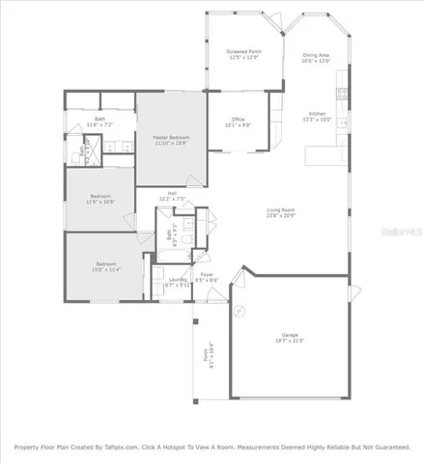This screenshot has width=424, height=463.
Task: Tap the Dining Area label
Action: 316,56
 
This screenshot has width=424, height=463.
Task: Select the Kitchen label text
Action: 319,114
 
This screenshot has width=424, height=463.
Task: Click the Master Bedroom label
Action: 171,138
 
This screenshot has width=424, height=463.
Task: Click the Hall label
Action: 172,193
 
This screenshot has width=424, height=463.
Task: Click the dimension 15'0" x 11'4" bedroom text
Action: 106,270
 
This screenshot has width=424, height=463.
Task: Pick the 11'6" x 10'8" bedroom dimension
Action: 99,202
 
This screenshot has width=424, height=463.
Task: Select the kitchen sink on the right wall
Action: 342,139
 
